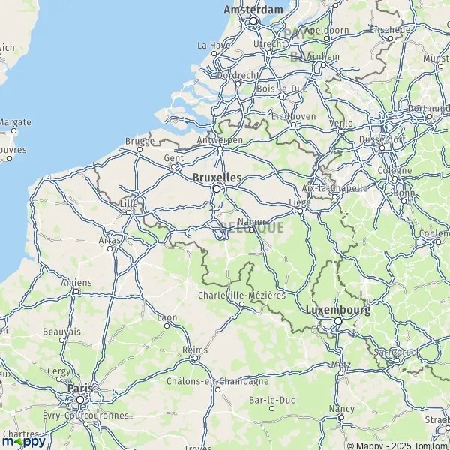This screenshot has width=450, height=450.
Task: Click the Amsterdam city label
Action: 253,10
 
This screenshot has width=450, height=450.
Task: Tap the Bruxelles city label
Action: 217,178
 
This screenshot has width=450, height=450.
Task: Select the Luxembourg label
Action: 338,309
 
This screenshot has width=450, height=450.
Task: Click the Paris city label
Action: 79,388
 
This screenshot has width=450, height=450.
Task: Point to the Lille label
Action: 128,202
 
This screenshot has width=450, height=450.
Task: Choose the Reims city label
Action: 194,349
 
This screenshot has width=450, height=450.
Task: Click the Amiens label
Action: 76,282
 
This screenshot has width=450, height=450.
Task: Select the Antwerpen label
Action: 219,140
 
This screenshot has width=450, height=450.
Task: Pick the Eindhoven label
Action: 293,116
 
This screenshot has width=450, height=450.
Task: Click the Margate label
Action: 15,121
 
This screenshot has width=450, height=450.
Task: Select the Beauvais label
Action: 61,331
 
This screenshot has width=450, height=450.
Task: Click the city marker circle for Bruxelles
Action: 217,189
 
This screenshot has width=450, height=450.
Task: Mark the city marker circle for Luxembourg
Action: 338,320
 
